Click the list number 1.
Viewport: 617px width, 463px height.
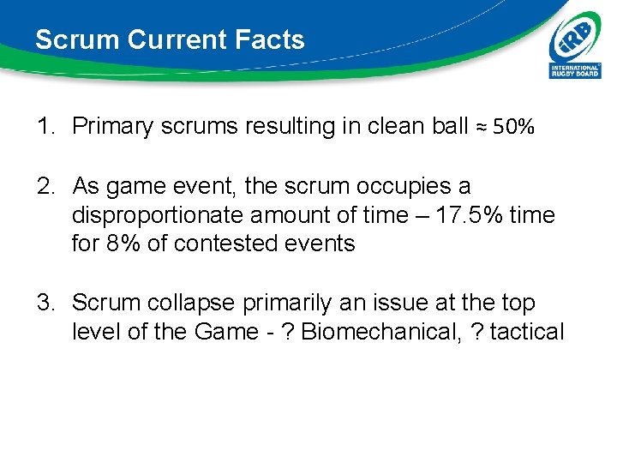click(x=45, y=127)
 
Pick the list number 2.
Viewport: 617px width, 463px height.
click(x=45, y=186)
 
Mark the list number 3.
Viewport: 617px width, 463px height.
click(x=45, y=303)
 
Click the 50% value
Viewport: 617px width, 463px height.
click(x=514, y=128)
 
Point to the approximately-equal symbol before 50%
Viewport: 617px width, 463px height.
click(x=482, y=128)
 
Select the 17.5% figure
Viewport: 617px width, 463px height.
click(x=470, y=215)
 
